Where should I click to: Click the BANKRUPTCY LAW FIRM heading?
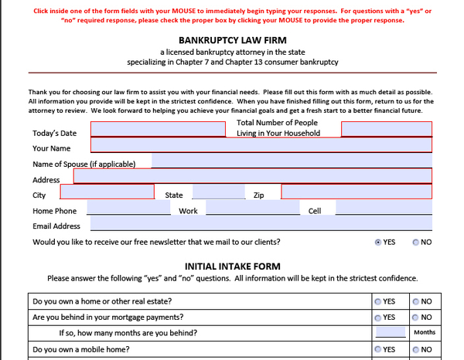pyautogui.click(x=232, y=39)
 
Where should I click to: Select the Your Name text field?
pyautogui.click(x=261, y=144)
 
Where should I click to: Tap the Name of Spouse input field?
pyautogui.click(x=291, y=161)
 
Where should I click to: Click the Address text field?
pyautogui.click(x=252, y=177)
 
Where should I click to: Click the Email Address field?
pyautogui.click(x=261, y=224)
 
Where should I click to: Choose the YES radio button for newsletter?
pyautogui.click(x=378, y=242)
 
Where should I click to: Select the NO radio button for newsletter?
pyautogui.click(x=416, y=242)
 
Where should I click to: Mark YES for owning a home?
pyautogui.click(x=378, y=301)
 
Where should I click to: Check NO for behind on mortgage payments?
pyautogui.click(x=416, y=317)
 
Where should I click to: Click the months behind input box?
pyautogui.click(x=391, y=332)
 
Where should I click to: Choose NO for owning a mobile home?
pyautogui.click(x=416, y=349)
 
